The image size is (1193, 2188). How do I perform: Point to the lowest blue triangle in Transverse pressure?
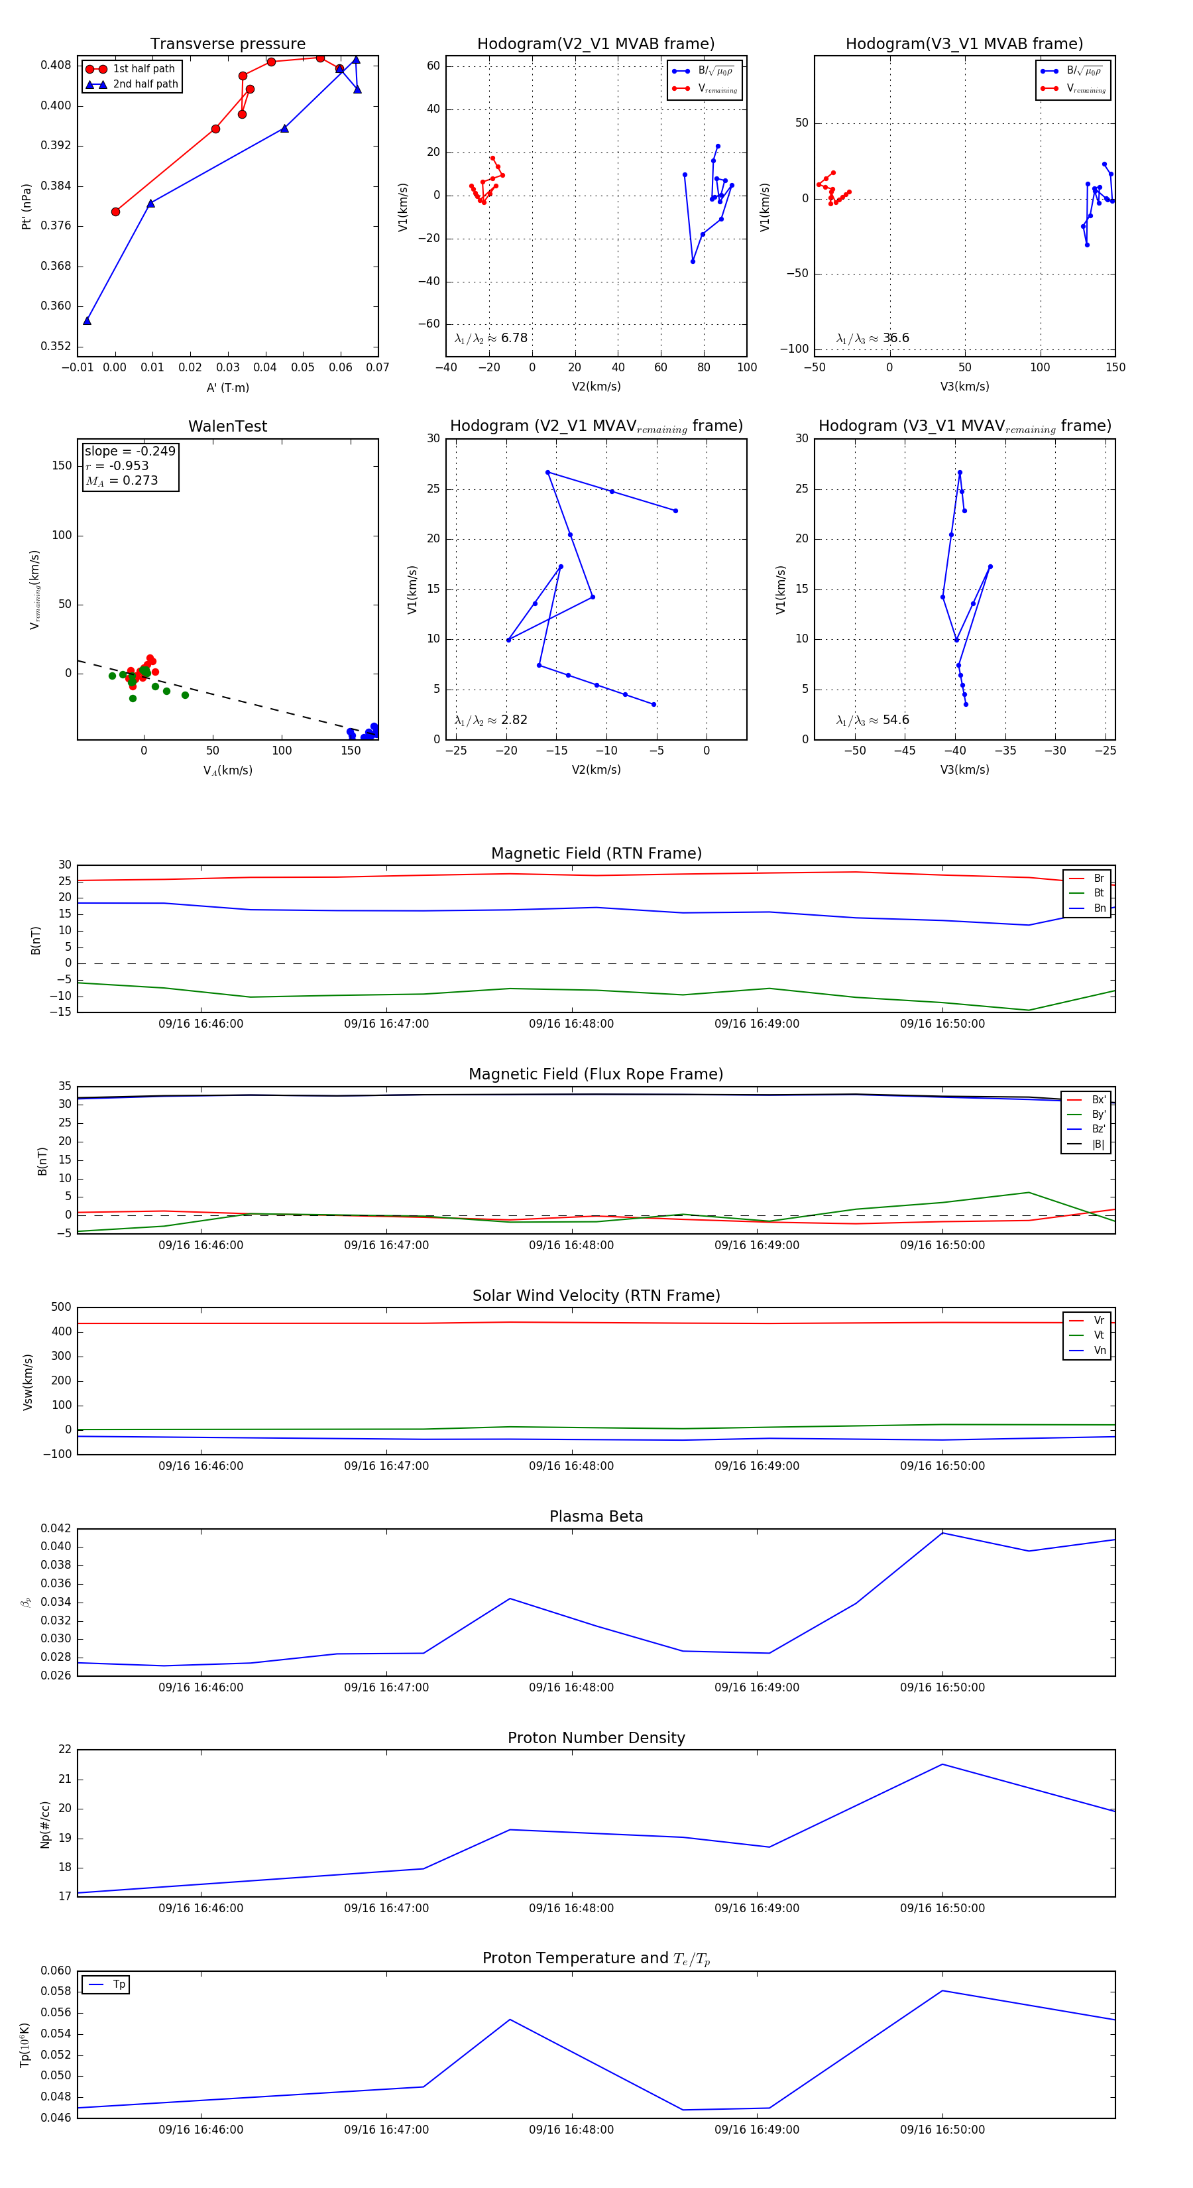point(87,321)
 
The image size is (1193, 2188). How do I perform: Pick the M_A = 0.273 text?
point(121,481)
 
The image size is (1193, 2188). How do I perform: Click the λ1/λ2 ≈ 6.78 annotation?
point(490,338)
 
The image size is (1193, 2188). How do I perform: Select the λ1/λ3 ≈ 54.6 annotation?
point(872,720)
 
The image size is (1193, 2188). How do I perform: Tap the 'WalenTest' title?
point(227,426)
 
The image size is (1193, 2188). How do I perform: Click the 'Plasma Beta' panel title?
point(596,1517)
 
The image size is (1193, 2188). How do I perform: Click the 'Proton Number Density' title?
point(596,1738)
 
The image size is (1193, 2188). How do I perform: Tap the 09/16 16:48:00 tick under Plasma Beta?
point(571,1687)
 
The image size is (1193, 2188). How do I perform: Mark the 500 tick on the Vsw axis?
point(61,1307)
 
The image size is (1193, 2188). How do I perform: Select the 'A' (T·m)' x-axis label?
point(227,388)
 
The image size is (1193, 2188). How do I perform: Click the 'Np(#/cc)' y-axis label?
point(45,1825)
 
